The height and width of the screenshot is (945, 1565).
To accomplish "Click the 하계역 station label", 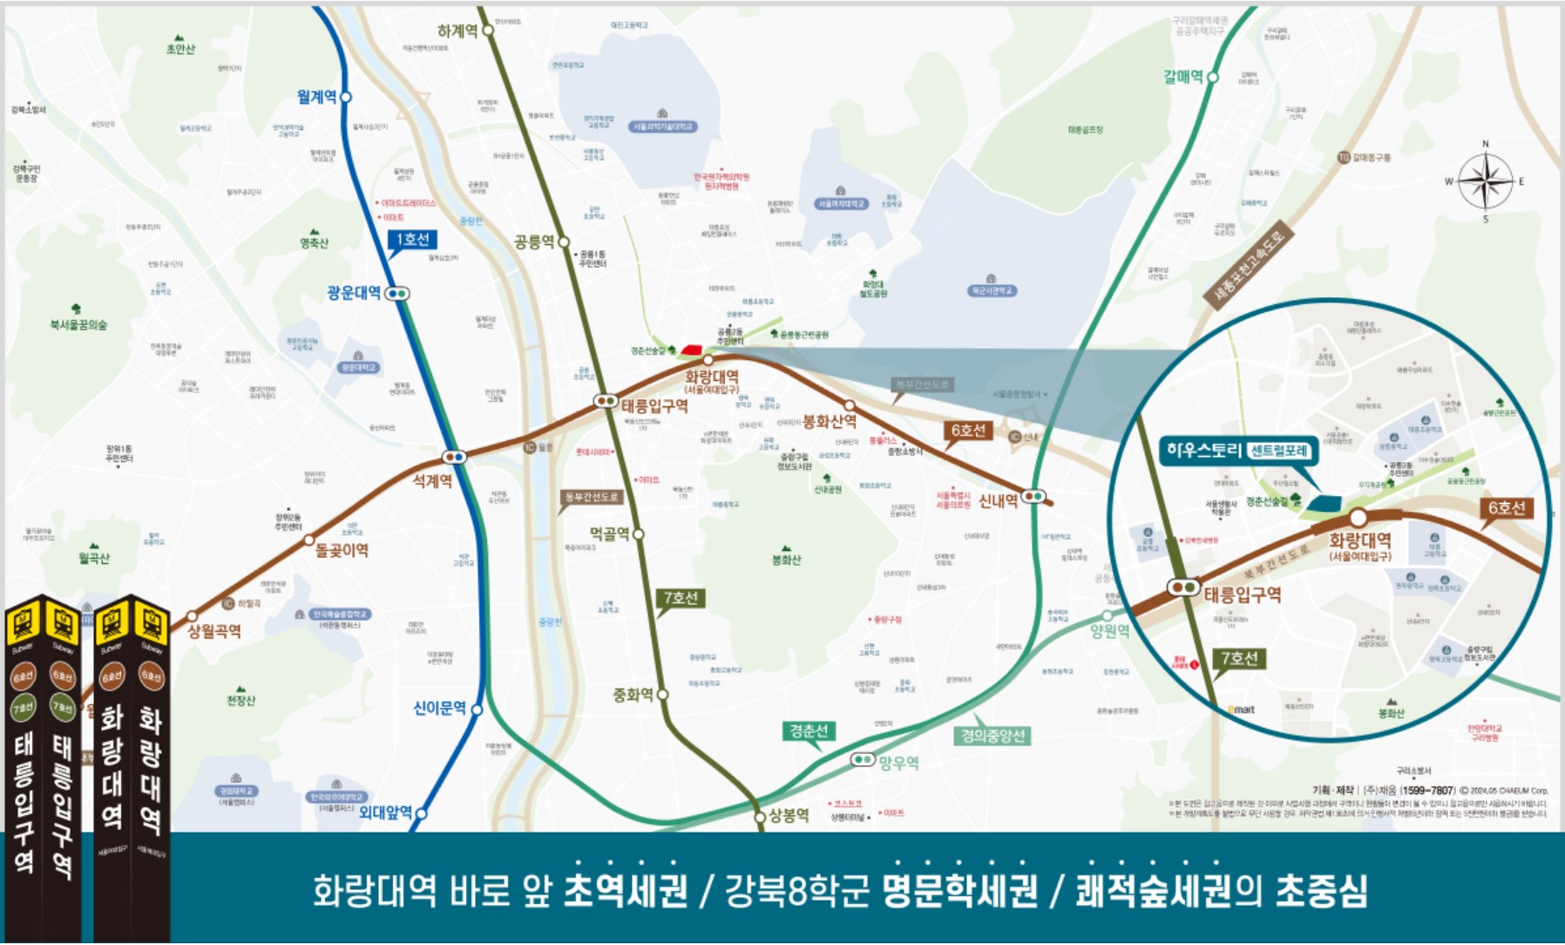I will (x=457, y=31).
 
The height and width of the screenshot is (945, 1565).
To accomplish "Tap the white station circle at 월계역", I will (x=346, y=97).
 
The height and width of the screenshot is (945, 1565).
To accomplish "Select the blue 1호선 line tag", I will (x=412, y=240).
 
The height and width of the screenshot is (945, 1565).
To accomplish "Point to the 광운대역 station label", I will (x=354, y=293).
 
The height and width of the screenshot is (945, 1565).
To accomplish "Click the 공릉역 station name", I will (x=533, y=241).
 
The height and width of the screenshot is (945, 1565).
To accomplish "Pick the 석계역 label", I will (x=432, y=480).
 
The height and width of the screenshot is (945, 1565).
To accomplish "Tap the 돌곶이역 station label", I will (x=342, y=550).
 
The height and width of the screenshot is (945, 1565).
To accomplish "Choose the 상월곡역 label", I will (x=214, y=630).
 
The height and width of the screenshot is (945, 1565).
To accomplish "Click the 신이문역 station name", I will (x=439, y=708).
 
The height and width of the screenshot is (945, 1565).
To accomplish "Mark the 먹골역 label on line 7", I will (x=609, y=534).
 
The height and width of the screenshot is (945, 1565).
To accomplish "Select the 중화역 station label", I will (x=633, y=695).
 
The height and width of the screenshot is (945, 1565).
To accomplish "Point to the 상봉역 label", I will (x=789, y=815).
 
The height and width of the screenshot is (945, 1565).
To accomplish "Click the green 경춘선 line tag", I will (x=809, y=731).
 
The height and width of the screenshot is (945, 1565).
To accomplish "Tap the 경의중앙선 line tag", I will (x=993, y=736).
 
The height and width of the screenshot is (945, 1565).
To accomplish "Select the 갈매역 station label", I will (x=1182, y=77).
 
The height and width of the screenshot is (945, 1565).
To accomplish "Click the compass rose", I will (x=1485, y=181).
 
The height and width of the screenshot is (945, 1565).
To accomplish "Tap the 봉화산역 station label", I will (x=829, y=422).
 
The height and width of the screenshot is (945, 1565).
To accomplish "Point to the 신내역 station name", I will (x=998, y=500).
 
